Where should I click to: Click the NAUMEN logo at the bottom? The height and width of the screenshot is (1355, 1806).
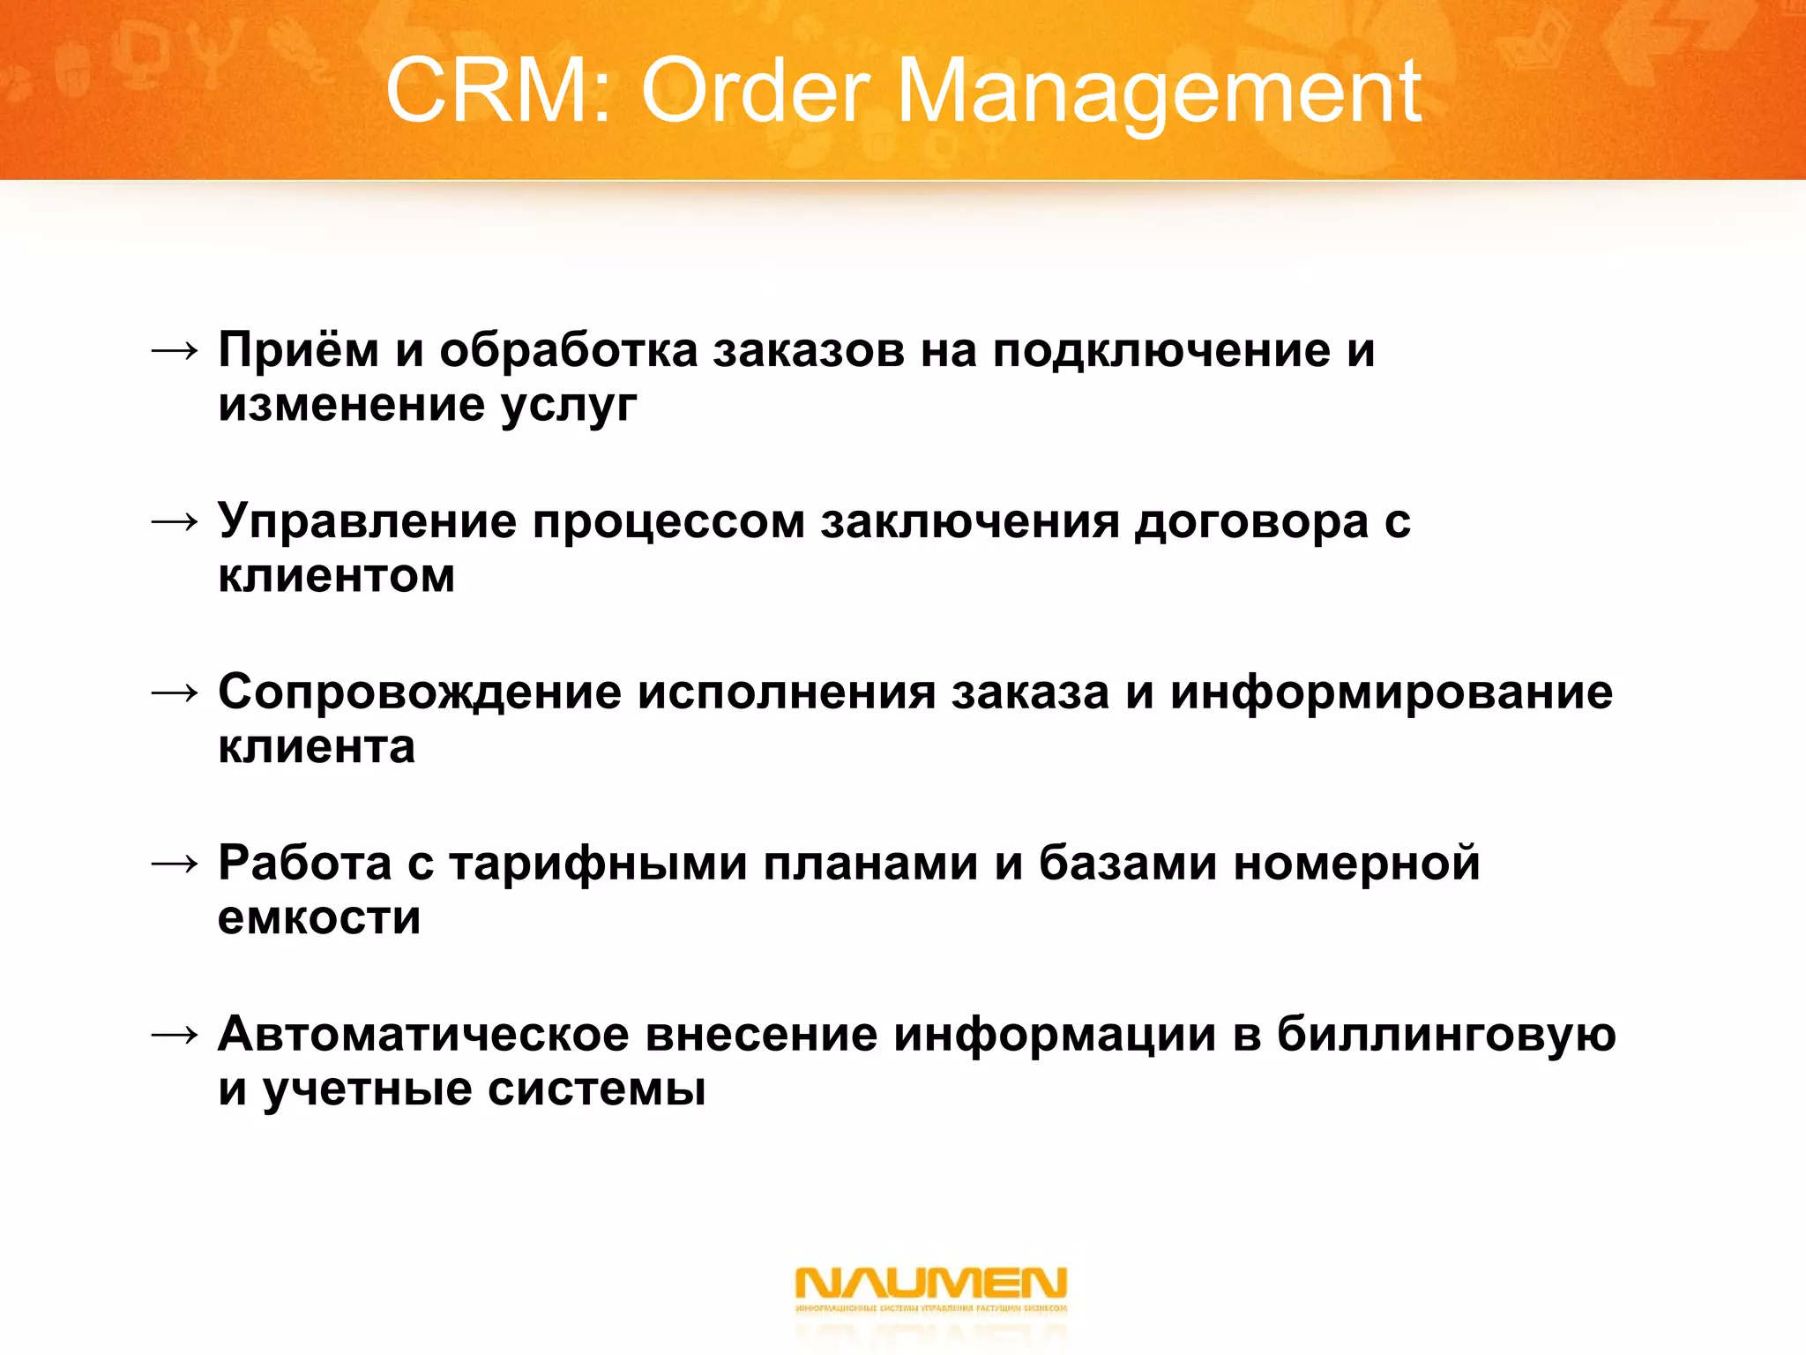pos(930,1289)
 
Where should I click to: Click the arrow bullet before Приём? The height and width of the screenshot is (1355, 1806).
pos(175,351)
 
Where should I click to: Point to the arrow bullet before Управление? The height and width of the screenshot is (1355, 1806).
pos(175,522)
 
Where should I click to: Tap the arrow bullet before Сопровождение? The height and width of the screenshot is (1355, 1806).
pos(175,693)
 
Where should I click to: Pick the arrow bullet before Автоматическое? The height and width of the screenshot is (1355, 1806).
pos(175,1035)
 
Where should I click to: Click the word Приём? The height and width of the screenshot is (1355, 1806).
pos(299,349)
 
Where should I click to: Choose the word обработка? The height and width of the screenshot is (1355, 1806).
pos(569,349)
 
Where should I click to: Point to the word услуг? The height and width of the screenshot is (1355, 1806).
pos(569,406)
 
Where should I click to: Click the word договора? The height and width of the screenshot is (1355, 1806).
pos(1251,521)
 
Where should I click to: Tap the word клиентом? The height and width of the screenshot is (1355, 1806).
pos(337,576)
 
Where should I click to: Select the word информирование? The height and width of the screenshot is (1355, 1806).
pos(1392,692)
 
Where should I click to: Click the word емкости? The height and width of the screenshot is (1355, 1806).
pos(319,918)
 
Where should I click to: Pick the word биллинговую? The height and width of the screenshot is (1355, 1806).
pos(1446,1034)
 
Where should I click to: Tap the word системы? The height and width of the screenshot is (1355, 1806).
pos(597,1089)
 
